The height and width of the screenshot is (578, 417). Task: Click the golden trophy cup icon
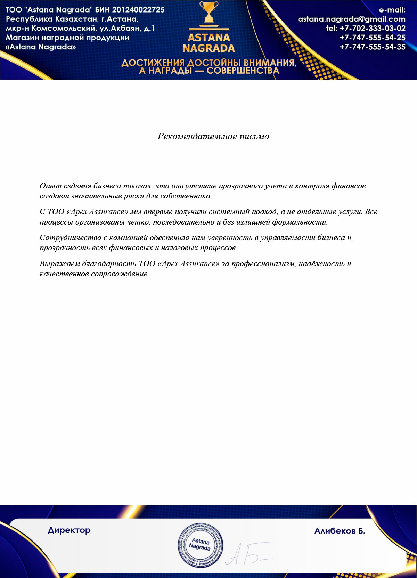tap(209, 13)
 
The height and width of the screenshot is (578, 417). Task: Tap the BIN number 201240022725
tap(138, 10)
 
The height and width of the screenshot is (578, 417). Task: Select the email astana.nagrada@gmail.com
tap(352, 19)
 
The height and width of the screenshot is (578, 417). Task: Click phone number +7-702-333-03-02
tap(373, 29)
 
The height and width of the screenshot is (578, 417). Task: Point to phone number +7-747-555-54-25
tap(373, 38)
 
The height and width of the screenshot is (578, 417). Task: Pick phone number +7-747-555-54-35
tap(373, 47)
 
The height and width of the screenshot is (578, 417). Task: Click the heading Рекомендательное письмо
tap(213, 136)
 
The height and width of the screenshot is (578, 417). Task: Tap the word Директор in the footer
tap(69, 530)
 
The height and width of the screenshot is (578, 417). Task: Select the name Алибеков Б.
tap(340, 531)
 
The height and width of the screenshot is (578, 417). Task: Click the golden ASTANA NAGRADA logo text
tap(209, 43)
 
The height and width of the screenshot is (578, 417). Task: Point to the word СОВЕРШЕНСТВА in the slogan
tap(243, 71)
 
